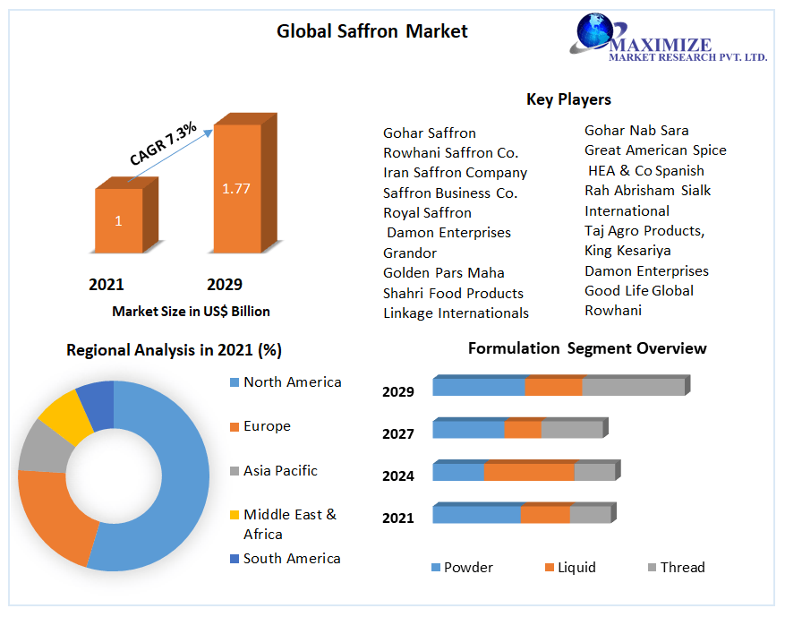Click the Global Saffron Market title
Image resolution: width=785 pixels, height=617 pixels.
pyautogui.click(x=371, y=31)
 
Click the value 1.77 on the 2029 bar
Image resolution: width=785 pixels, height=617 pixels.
pyautogui.click(x=236, y=189)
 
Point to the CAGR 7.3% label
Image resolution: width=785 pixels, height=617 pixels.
pyautogui.click(x=163, y=144)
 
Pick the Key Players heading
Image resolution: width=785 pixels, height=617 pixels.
pyautogui.click(x=568, y=99)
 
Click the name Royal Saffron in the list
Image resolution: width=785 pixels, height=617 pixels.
pyautogui.click(x=427, y=213)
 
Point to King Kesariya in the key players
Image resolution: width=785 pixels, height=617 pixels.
pyautogui.click(x=627, y=251)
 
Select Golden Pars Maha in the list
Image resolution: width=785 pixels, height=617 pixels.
pyautogui.click(x=443, y=273)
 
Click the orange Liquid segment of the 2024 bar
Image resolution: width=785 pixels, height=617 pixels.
pyautogui.click(x=529, y=472)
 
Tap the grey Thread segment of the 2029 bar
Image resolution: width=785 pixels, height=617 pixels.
pyautogui.click(x=633, y=387)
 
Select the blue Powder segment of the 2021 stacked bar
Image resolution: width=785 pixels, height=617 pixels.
pyautogui.click(x=476, y=515)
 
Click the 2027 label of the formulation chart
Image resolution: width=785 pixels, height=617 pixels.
pyautogui.click(x=397, y=434)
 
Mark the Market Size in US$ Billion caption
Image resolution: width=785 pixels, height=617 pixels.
pyautogui.click(x=191, y=312)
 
